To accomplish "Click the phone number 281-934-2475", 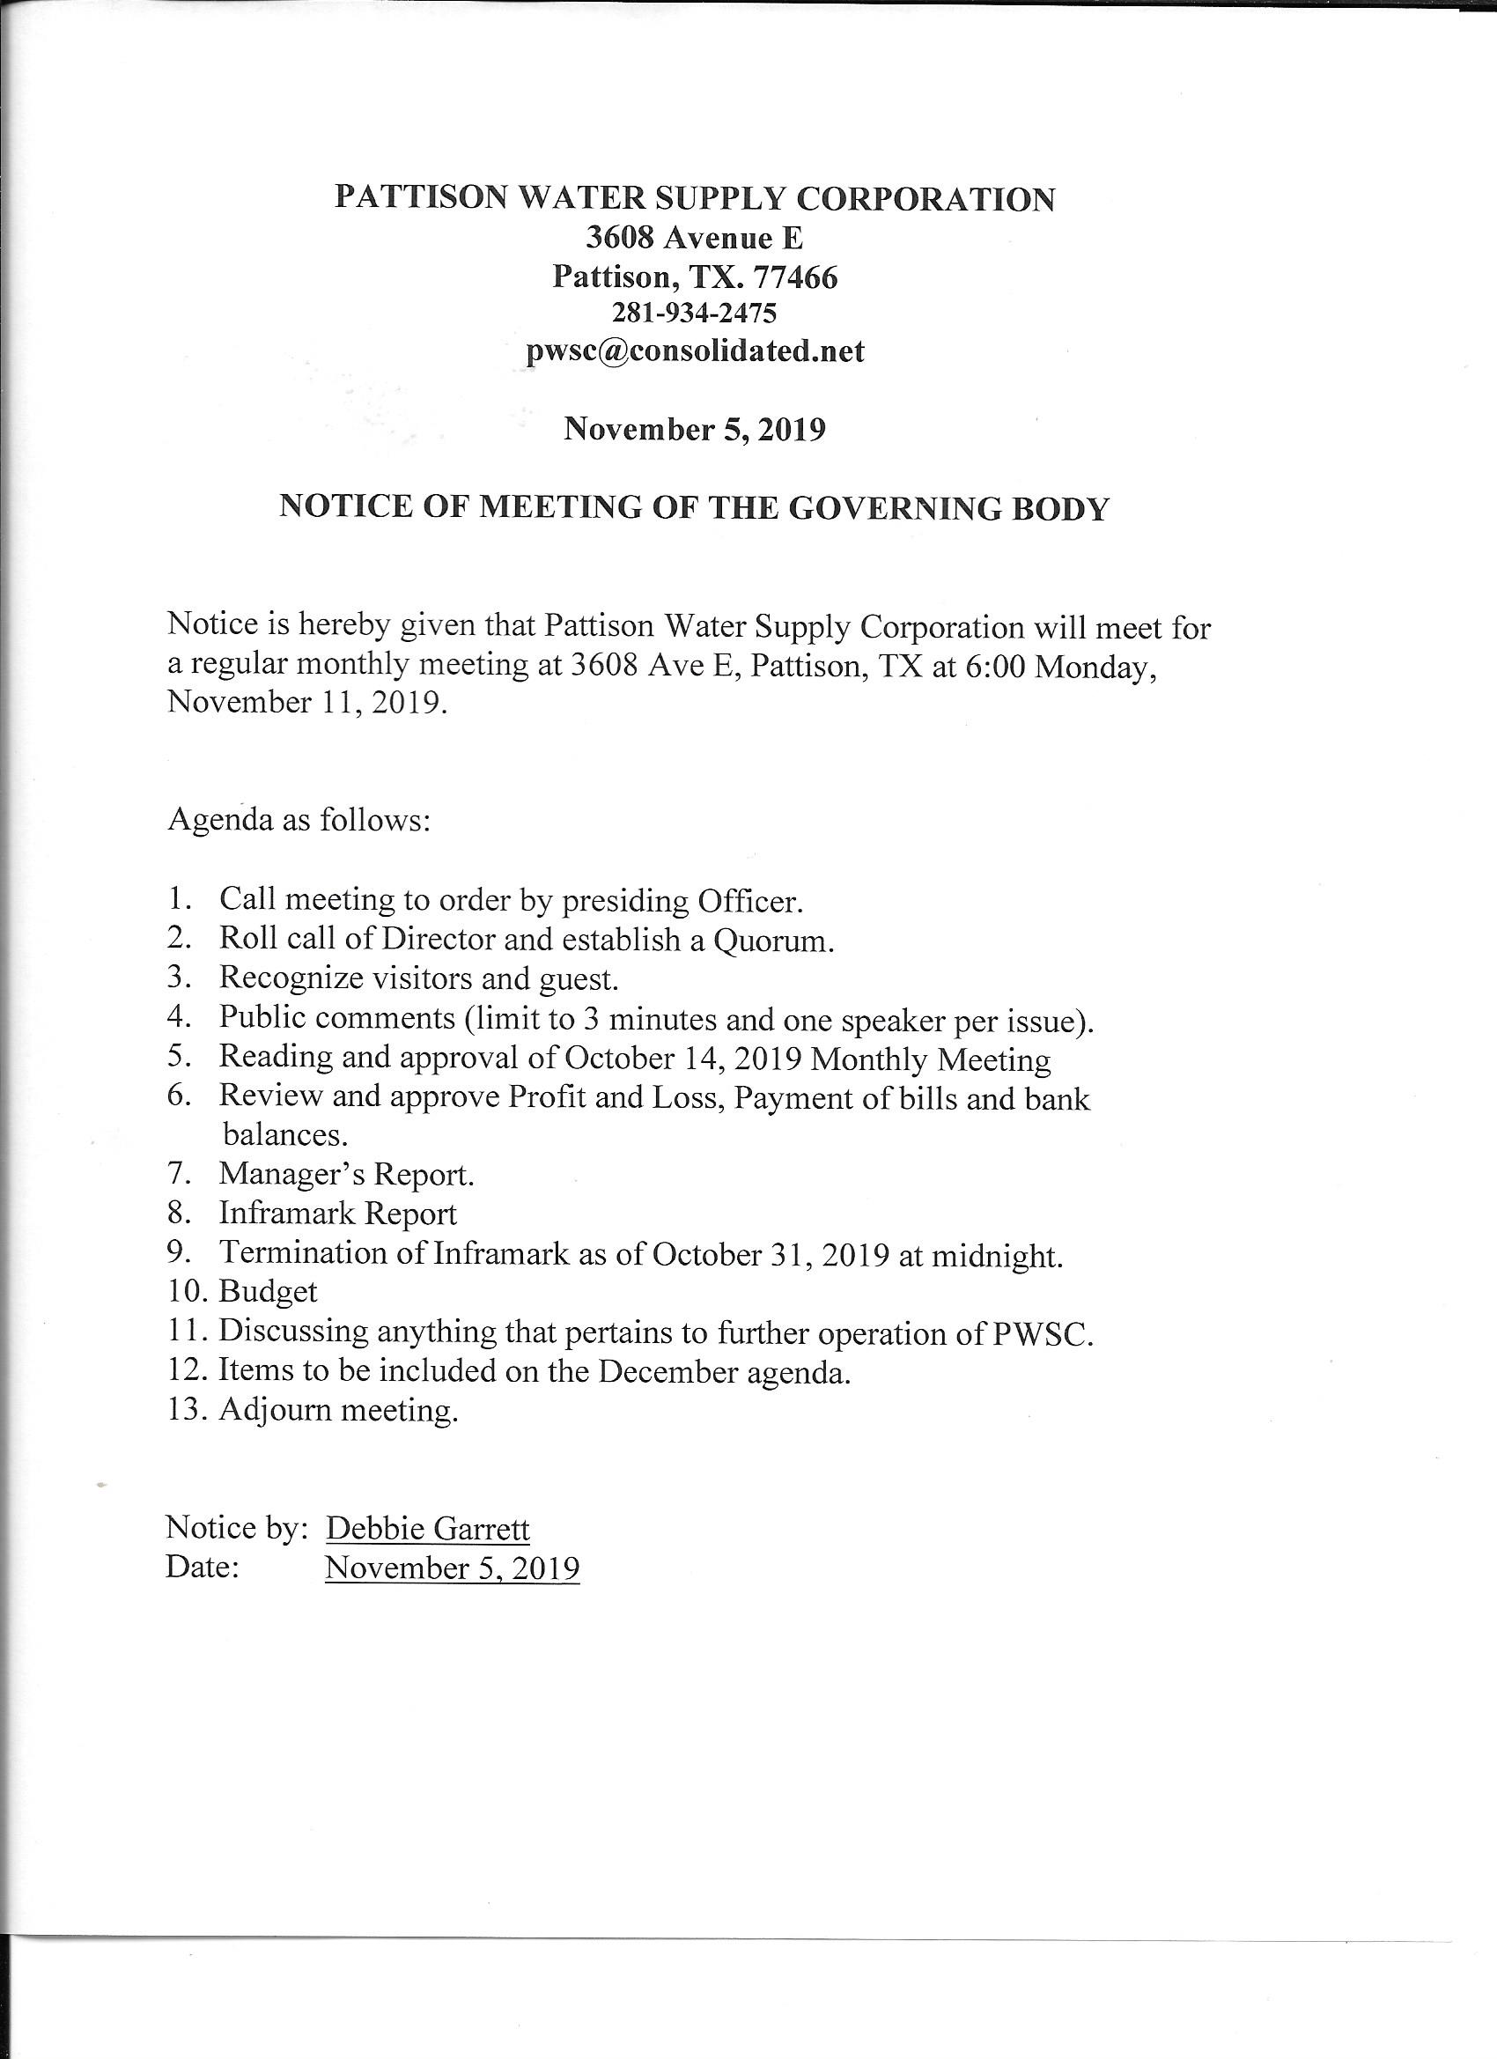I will point(695,314).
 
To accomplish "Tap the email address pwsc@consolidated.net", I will point(695,352).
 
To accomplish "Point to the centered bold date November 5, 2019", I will point(695,429).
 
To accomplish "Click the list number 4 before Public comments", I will point(177,1018).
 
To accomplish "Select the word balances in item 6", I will point(284,1135).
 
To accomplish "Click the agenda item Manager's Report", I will point(346,1175).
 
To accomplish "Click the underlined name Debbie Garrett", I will point(428,1530).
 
